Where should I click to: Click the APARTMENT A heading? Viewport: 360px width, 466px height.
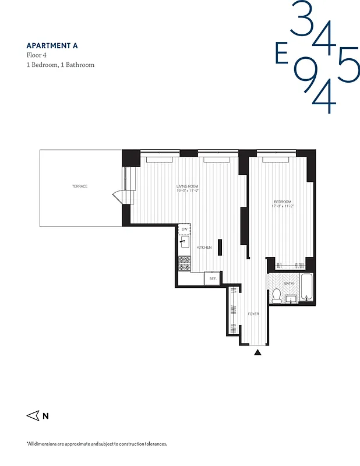pos(52,45)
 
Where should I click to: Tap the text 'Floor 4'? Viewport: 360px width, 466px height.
pos(37,55)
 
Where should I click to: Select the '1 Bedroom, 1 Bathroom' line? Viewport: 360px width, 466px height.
pos(61,65)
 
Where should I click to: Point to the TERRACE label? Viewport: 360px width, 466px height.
pos(80,186)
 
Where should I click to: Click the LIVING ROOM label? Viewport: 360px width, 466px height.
pos(188,186)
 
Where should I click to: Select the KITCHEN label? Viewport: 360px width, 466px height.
pos(204,248)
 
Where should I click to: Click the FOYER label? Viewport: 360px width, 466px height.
pos(253,314)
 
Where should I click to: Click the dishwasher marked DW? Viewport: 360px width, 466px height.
pos(184,230)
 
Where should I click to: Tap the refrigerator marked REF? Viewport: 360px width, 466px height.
pos(213,279)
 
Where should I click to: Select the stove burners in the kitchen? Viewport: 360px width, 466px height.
pos(184,263)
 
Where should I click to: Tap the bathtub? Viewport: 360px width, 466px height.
pos(307,288)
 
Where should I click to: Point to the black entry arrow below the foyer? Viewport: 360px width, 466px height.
pos(258,352)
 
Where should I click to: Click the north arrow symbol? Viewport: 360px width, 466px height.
pos(33,416)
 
